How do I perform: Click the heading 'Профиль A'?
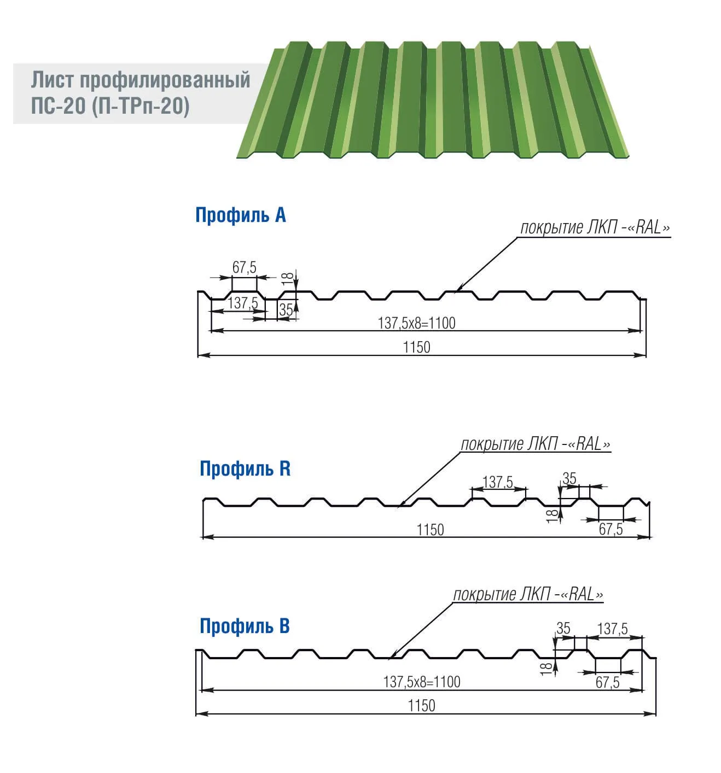tap(240, 215)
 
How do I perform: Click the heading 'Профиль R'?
tap(245, 469)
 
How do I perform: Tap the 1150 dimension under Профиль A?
tap(416, 347)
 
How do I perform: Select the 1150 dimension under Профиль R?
tap(430, 529)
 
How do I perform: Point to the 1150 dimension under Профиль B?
tap(421, 706)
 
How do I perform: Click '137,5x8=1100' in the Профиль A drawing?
tap(416, 323)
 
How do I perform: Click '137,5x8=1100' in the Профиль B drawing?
tap(421, 682)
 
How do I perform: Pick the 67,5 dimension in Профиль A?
tap(244, 267)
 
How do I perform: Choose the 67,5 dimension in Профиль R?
tap(610, 529)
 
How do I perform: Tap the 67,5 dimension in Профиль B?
tap(607, 682)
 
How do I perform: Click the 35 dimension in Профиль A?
tap(286, 310)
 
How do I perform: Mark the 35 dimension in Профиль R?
tap(569, 479)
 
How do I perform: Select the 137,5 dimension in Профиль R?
tap(498, 482)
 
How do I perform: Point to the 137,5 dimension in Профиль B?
tap(613, 629)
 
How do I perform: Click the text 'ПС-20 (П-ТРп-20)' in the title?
tap(110, 106)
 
